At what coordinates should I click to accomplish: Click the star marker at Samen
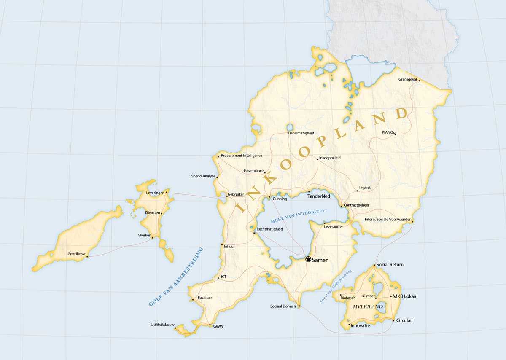tap(308, 259)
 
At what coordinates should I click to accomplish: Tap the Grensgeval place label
tap(407, 79)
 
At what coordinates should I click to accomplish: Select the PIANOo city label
tap(388, 132)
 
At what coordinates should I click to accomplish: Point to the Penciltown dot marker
tap(87, 256)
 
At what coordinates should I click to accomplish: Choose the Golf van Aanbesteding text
tap(176, 277)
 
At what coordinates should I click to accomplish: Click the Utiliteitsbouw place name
tap(162, 325)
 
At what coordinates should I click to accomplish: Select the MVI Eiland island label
tap(368, 306)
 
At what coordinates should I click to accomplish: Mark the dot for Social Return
tap(374, 265)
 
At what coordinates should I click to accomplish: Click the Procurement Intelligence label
tap(241, 156)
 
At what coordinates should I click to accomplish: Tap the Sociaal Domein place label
tap(283, 306)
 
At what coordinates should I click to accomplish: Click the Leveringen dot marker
tap(167, 192)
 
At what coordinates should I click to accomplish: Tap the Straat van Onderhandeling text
tap(336, 286)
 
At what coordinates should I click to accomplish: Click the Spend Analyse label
tap(203, 176)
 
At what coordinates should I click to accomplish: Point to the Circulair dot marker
tap(393, 321)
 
